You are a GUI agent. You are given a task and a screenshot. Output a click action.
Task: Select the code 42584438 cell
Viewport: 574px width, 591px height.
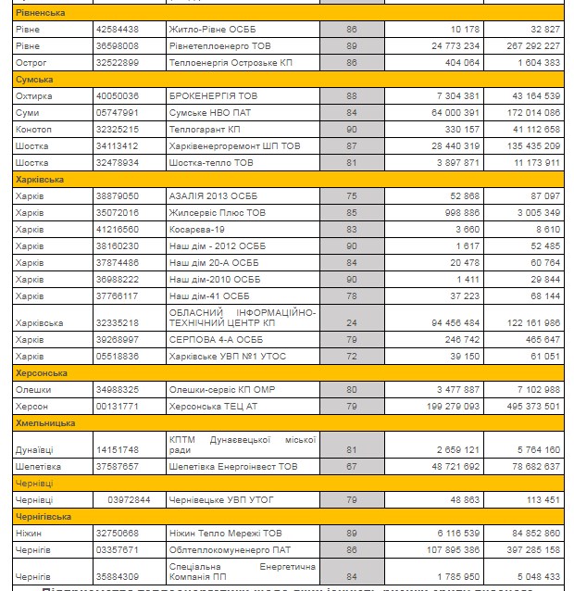tap(117, 29)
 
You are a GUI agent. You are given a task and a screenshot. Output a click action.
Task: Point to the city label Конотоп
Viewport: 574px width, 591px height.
tap(33, 129)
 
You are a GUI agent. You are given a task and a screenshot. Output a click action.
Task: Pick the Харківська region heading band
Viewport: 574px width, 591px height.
tap(39, 179)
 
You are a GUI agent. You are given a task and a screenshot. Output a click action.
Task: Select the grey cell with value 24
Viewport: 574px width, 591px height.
tap(351, 322)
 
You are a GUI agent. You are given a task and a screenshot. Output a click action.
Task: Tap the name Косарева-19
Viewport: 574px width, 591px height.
tap(198, 229)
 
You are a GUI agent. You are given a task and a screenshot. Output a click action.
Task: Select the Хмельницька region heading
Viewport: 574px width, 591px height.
tap(42, 422)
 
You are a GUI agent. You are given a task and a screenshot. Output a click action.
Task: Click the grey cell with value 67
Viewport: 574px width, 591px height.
tap(351, 466)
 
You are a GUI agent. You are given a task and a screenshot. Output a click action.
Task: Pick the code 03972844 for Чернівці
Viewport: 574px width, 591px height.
tap(129, 499)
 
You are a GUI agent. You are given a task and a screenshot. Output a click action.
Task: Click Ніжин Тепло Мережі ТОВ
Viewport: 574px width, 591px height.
tap(225, 533)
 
